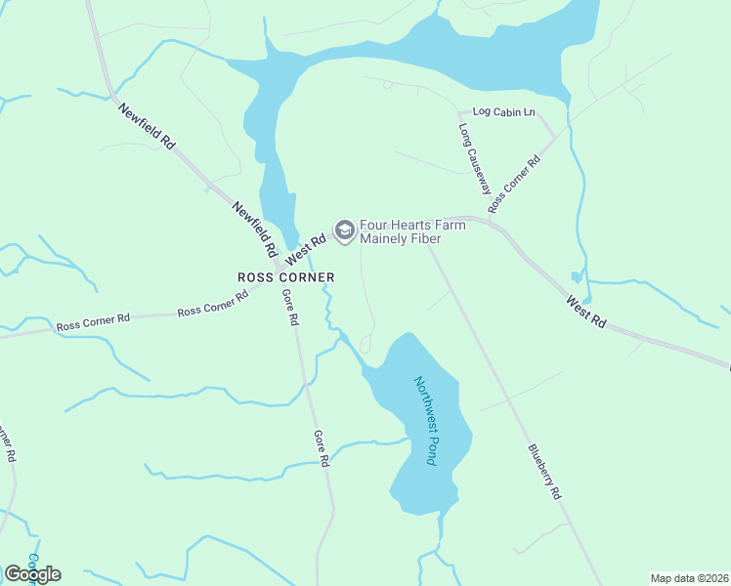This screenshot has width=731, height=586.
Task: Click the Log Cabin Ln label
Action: (503, 112)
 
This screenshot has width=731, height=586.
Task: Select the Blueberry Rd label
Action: (545, 473)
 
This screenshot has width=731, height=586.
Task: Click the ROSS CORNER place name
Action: (286, 277)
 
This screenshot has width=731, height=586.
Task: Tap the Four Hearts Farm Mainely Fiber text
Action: (412, 231)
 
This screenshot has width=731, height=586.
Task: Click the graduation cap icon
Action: (344, 230)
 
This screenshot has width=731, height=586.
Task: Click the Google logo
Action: (32, 573)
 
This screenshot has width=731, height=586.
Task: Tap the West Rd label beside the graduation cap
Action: (305, 245)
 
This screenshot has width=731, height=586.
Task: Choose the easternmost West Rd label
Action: (586, 313)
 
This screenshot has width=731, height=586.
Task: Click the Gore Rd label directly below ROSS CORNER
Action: (289, 308)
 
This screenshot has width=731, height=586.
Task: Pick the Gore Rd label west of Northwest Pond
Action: (322, 448)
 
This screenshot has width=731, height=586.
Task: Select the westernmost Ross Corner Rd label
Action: (93, 324)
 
